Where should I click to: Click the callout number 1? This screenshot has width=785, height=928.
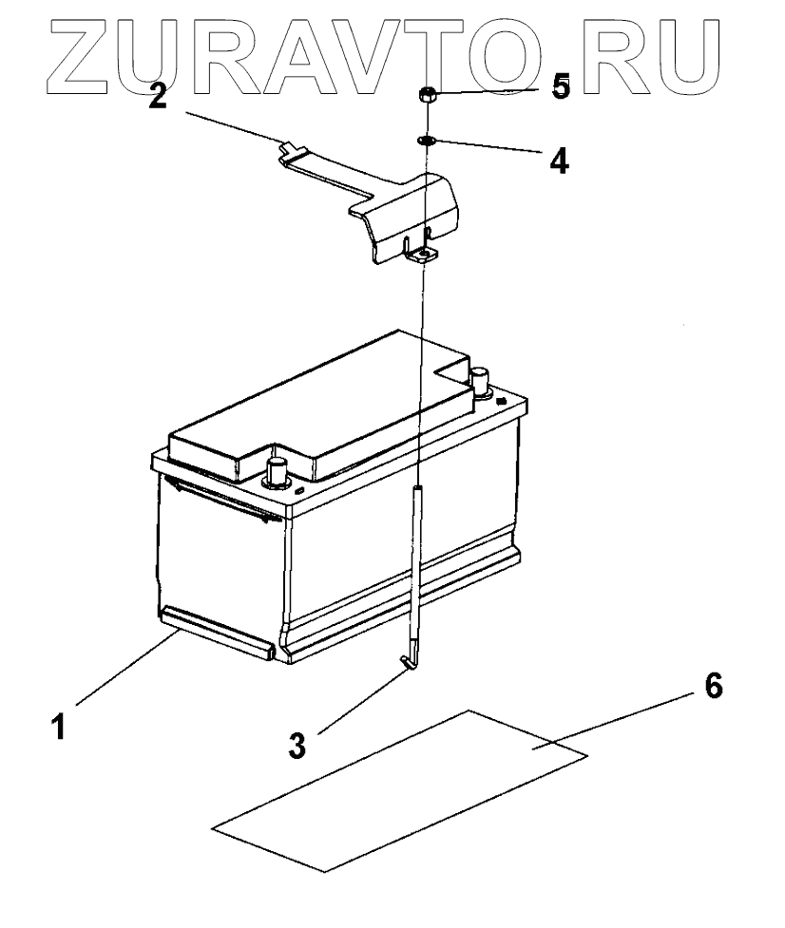tap(59, 727)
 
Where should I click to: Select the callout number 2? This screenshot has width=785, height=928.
tap(159, 96)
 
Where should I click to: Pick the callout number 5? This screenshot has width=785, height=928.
tap(561, 88)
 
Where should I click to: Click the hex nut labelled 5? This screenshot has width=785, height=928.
tap(428, 95)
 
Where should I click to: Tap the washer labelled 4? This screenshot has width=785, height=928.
tap(426, 141)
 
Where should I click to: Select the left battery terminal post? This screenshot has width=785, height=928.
tap(278, 469)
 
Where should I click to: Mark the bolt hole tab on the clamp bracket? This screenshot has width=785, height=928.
tap(419, 254)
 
